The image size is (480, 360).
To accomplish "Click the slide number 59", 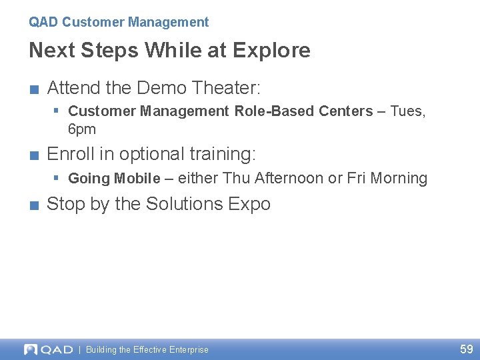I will point(466,349).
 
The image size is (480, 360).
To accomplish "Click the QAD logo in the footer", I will point(48,349).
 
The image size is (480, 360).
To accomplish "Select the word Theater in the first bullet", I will point(226,87).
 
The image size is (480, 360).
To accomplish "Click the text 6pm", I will point(82,129).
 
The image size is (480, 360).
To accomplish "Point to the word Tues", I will point(407,111).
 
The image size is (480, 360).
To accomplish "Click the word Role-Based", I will point(269,111).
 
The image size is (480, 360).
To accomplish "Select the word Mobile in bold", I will point(137,179).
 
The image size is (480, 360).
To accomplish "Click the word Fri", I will point(357,179).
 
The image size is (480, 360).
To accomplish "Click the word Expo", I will point(249,204).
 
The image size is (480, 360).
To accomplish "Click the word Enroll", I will point(71,154).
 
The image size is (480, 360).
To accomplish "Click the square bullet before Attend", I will point(33,89).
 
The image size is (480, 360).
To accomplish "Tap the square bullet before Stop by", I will point(33,205).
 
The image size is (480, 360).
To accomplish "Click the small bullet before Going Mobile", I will point(57,177).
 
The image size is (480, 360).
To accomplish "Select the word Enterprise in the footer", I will point(189,350).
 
